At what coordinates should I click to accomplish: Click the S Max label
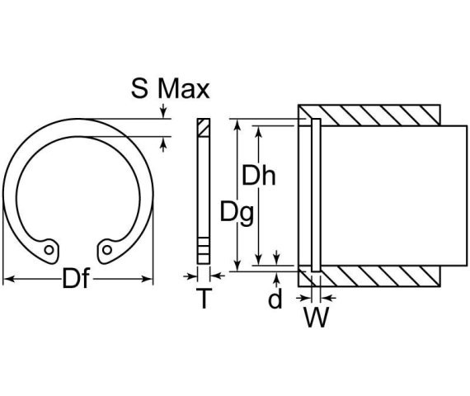170,87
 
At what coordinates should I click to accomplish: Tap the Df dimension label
77,280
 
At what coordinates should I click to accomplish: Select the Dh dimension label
258,175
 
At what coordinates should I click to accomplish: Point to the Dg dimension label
237,212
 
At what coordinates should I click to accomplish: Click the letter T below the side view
203,299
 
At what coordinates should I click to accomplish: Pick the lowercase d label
275,299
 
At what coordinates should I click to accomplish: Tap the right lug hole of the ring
106,247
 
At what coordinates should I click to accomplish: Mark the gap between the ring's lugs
78,248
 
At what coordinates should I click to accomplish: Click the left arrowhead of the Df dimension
7,280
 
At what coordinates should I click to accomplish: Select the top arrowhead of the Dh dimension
259,130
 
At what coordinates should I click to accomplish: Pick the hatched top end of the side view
203,125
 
